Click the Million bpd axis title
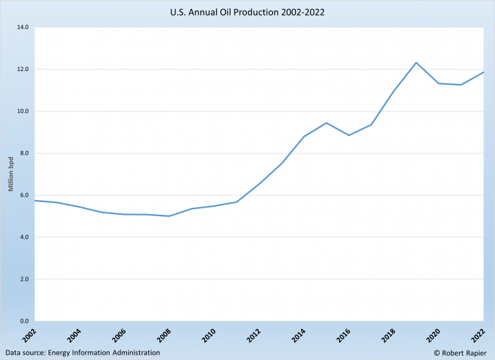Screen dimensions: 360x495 [11, 174]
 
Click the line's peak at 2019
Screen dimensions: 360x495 [416, 63]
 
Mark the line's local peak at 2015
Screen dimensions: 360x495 [327, 123]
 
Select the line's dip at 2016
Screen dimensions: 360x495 [349, 135]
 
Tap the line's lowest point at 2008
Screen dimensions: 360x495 [169, 216]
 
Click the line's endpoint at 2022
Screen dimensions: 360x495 [483, 72]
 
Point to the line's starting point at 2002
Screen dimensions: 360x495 [35, 200]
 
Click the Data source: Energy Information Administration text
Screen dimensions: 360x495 [81, 353]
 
